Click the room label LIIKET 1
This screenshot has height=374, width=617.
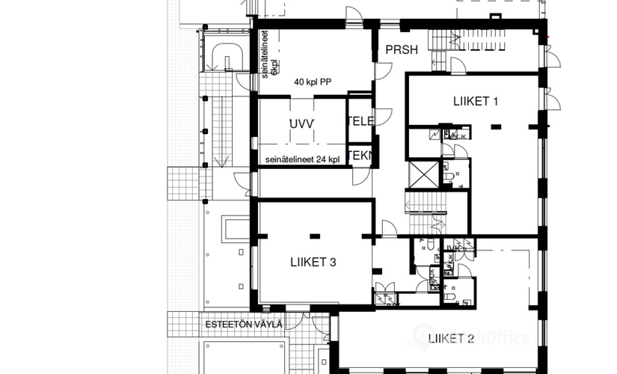[x=476, y=101]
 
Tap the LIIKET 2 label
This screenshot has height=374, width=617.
[x=451, y=340]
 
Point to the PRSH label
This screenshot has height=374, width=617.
[x=401, y=50]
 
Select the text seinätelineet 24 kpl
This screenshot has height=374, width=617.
[x=302, y=159]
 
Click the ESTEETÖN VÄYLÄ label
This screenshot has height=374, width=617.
[x=244, y=324]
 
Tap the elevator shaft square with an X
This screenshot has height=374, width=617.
[x=424, y=174]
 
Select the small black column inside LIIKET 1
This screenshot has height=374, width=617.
[x=494, y=129]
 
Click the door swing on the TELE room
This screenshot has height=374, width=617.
[x=383, y=117]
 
